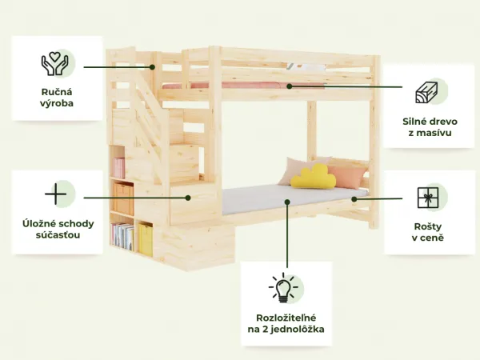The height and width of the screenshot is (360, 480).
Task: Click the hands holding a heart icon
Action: [x=54, y=64]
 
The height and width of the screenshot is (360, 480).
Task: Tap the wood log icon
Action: [x=426, y=92]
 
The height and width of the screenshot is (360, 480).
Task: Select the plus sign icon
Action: [x=55, y=194]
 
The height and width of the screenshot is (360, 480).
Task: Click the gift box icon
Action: [x=428, y=198]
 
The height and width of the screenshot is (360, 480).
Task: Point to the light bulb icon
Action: [x=283, y=287]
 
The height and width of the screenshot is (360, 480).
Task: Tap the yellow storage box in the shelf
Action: [x=146, y=239]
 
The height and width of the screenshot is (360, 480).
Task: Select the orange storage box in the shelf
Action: [x=123, y=198]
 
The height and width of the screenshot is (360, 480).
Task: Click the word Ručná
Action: [x=57, y=92]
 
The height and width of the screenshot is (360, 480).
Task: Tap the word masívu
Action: [x=434, y=133]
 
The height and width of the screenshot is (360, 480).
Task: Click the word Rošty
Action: [x=428, y=227]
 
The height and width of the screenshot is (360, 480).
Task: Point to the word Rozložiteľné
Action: [x=286, y=318]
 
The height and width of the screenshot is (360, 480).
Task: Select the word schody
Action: [x=76, y=224]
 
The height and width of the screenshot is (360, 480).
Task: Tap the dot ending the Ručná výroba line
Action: [x=153, y=67]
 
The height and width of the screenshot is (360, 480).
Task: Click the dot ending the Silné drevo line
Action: [x=290, y=86]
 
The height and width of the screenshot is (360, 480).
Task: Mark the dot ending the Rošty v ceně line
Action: [x=354, y=199]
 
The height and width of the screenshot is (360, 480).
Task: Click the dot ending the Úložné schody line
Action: [x=188, y=198]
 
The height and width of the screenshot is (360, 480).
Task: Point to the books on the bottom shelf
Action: [x=122, y=236]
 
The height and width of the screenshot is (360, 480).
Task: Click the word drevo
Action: [x=442, y=122]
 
